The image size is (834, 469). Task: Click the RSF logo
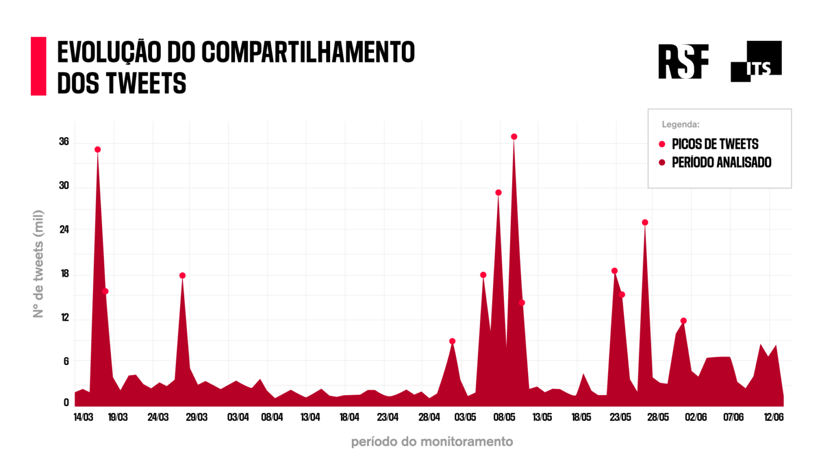(x=683, y=61)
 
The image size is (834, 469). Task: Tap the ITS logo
(x=756, y=61)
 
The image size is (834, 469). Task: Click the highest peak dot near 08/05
(x=514, y=137)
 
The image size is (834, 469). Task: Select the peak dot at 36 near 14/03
(x=98, y=150)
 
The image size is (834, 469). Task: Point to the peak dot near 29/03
(x=182, y=276)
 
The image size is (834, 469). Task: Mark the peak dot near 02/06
(x=684, y=321)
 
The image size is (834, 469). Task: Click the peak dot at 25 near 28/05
(x=645, y=223)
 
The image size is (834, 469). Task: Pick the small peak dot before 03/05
(x=452, y=341)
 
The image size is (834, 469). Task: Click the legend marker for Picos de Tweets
(x=662, y=144)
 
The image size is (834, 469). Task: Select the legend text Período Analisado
(x=721, y=162)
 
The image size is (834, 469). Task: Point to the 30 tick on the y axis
(x=64, y=186)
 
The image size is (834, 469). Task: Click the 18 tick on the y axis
(x=65, y=274)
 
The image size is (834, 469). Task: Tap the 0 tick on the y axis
(x=66, y=403)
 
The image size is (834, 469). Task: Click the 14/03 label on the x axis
(x=83, y=417)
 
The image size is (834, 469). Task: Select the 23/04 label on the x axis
(x=388, y=417)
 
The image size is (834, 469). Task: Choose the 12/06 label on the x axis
(x=774, y=417)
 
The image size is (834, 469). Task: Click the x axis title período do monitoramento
(x=432, y=442)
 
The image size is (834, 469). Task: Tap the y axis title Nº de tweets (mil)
(x=37, y=264)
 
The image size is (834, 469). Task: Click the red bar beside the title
(x=39, y=66)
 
